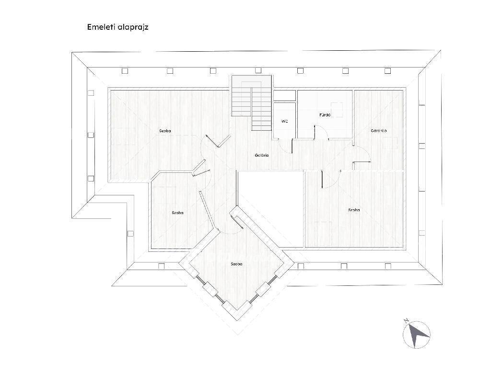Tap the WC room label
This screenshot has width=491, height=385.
click(x=284, y=121)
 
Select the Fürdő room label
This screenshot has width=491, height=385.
click(x=325, y=115)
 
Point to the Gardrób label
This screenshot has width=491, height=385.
click(x=379, y=130)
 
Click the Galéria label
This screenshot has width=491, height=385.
click(x=261, y=155)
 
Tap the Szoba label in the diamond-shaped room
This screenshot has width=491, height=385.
click(x=236, y=264)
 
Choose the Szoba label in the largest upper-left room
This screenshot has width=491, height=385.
click(x=165, y=131)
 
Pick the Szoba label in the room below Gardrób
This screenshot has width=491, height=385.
click(x=354, y=210)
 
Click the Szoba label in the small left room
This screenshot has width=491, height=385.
click(x=177, y=213)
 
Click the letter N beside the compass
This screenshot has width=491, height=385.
click(x=406, y=320)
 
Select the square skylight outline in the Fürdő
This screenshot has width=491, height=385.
click(x=337, y=110)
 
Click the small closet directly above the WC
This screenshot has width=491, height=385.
click(x=284, y=96)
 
